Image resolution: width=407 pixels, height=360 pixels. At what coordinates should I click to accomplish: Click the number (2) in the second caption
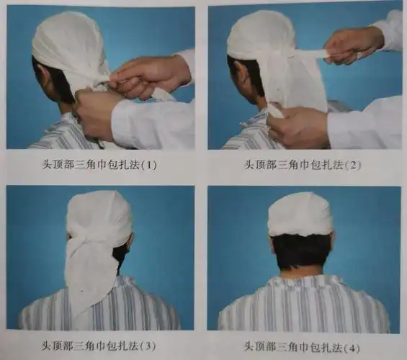tap(352, 165)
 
